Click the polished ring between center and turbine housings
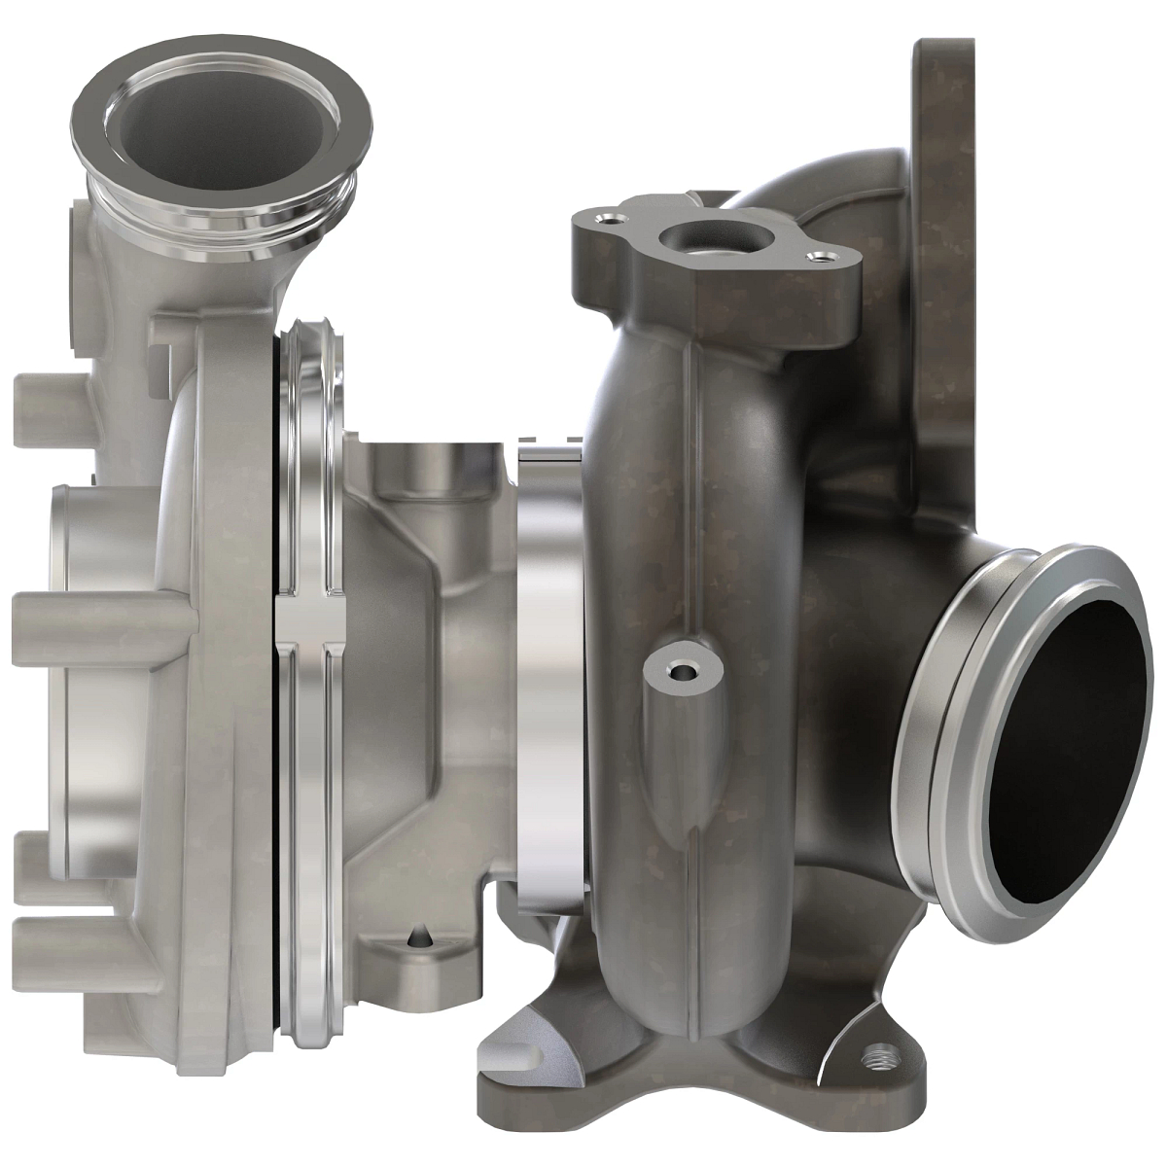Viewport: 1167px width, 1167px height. (x=550, y=681)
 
